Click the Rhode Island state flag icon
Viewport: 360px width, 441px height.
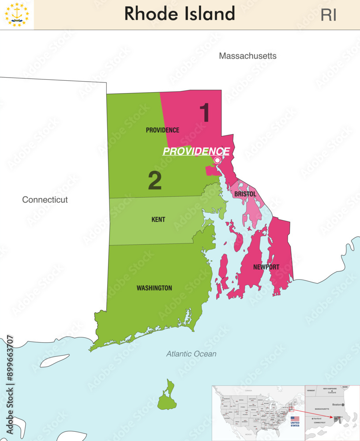[17, 15]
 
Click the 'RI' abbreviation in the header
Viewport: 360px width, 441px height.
[328, 15]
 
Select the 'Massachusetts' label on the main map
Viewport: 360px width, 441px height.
[247, 56]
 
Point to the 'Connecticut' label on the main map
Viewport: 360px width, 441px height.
[45, 200]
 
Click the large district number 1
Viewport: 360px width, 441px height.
[204, 112]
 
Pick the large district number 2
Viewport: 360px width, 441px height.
[154, 180]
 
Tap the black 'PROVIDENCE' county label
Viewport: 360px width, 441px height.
[162, 130]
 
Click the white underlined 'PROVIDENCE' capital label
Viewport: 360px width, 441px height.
[196, 151]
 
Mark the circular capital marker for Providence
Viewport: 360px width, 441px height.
[217, 160]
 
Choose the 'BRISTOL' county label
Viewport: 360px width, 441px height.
[245, 194]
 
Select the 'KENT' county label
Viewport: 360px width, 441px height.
[158, 219]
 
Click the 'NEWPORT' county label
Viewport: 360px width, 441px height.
[266, 267]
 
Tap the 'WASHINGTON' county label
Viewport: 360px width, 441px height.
[154, 288]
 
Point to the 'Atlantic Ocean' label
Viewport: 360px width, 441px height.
[191, 354]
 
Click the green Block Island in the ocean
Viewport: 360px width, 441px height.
[167, 397]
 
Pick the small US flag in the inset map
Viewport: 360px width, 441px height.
[295, 419]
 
